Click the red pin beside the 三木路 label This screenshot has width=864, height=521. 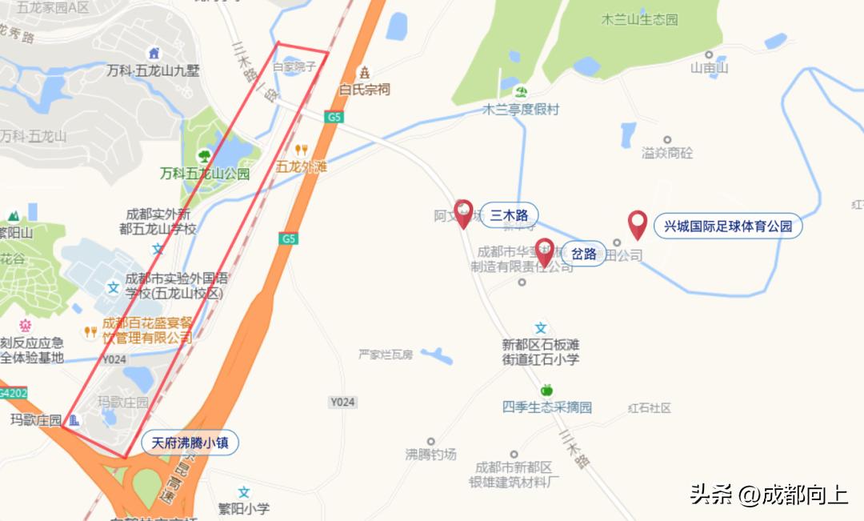(x=463, y=214)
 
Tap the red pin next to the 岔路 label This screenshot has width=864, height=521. (x=545, y=252)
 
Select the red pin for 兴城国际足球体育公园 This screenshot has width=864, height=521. (x=638, y=224)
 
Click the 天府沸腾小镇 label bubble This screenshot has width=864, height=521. (x=190, y=443)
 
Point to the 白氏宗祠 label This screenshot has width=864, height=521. (x=365, y=89)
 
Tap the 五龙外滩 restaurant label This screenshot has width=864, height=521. (x=302, y=167)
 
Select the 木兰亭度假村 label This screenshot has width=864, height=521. (x=521, y=110)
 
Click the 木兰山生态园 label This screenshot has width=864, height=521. (x=639, y=19)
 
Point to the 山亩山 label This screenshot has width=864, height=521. (x=710, y=68)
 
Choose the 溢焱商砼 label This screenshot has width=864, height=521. (x=667, y=152)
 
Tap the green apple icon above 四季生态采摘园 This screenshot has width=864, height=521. (x=547, y=390)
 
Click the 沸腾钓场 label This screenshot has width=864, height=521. (x=430, y=454)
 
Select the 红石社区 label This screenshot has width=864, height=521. (x=650, y=408)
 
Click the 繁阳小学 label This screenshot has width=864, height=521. (x=244, y=508)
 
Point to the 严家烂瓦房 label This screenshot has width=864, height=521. (x=386, y=354)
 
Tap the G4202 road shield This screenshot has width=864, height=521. (x=12, y=394)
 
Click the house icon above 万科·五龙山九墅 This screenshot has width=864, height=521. (x=154, y=54)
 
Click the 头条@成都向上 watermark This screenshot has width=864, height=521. (x=769, y=495)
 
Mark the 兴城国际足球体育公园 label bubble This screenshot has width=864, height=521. (x=728, y=226)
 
